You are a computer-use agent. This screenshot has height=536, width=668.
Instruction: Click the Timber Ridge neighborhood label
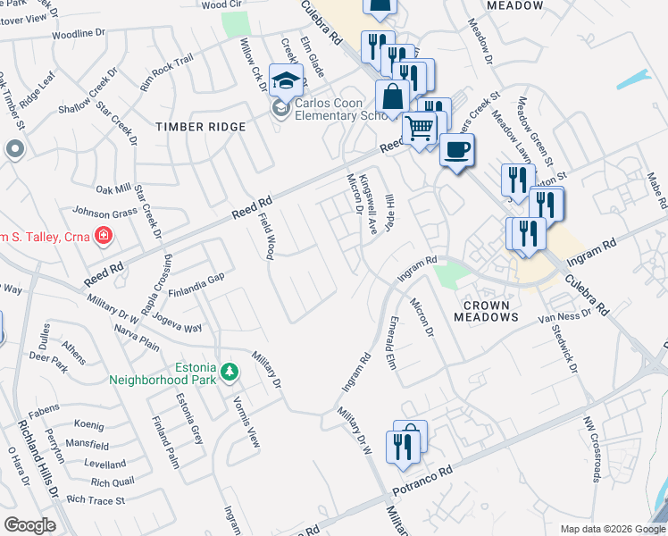tap(200, 127)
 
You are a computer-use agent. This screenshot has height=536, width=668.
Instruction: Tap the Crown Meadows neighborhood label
tap(486, 311)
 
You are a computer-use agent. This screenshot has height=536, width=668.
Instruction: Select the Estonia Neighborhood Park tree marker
tap(230, 371)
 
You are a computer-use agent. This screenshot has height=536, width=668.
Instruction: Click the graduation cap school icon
tap(286, 81)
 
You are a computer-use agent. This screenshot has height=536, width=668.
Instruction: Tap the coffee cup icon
tap(456, 151)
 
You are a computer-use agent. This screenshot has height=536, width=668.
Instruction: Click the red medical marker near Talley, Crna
tap(104, 236)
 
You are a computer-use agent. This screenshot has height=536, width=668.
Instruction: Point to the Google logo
tap(29, 525)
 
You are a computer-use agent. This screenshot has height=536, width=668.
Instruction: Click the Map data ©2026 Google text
tap(611, 529)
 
